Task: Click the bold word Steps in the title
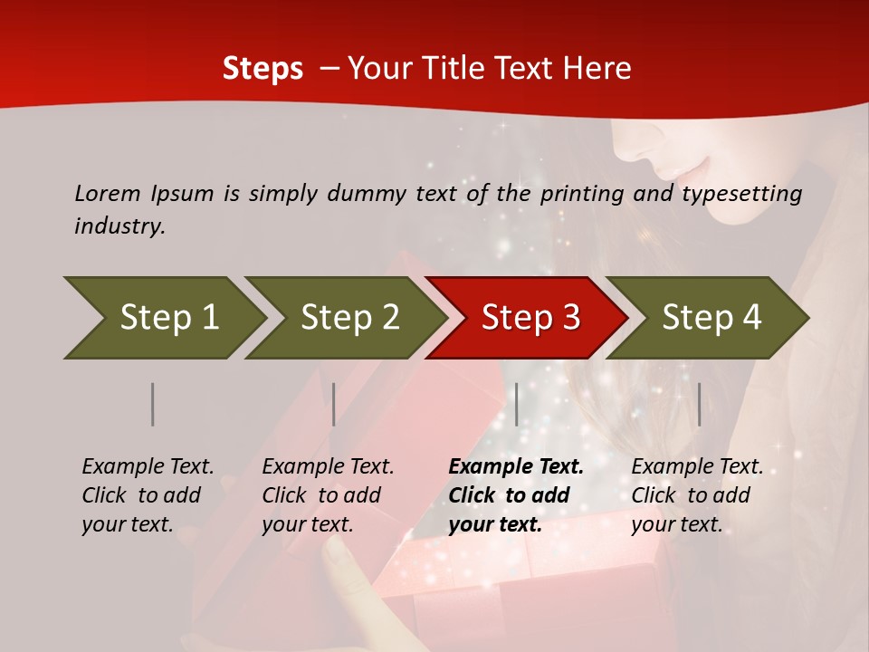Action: coord(263,69)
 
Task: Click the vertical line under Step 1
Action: coord(153,404)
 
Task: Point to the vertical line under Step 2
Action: coord(334,404)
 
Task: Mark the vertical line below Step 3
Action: coord(516,404)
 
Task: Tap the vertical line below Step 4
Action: coord(699,404)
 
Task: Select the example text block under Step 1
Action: coord(148,495)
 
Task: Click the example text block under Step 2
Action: coord(328,495)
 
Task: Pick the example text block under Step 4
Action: coord(697,495)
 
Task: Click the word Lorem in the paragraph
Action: coord(108,193)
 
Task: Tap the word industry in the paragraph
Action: coord(119,226)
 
